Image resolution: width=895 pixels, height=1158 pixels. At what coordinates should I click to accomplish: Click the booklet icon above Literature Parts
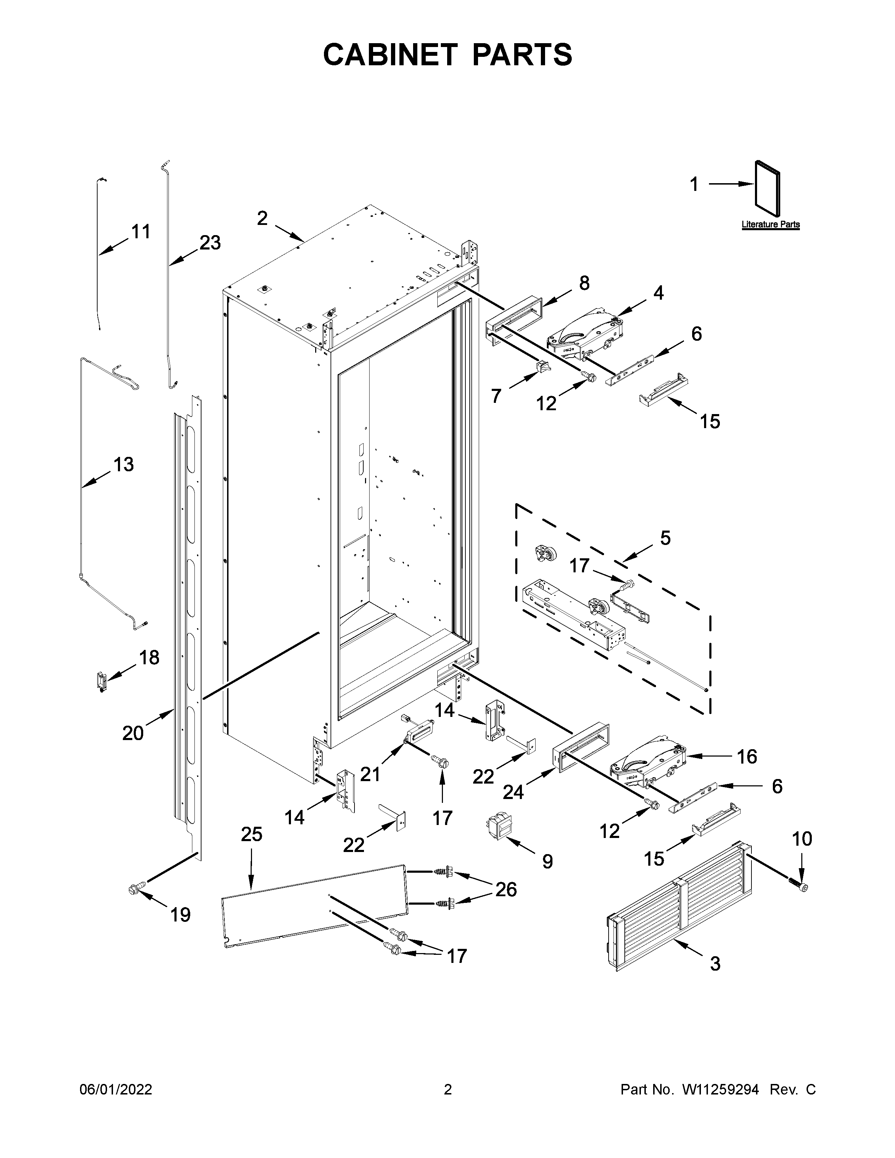pyautogui.click(x=768, y=189)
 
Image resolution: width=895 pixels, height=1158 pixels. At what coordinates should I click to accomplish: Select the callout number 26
pyautogui.click(x=506, y=889)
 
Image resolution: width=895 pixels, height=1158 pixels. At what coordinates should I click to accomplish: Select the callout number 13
pyautogui.click(x=124, y=465)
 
